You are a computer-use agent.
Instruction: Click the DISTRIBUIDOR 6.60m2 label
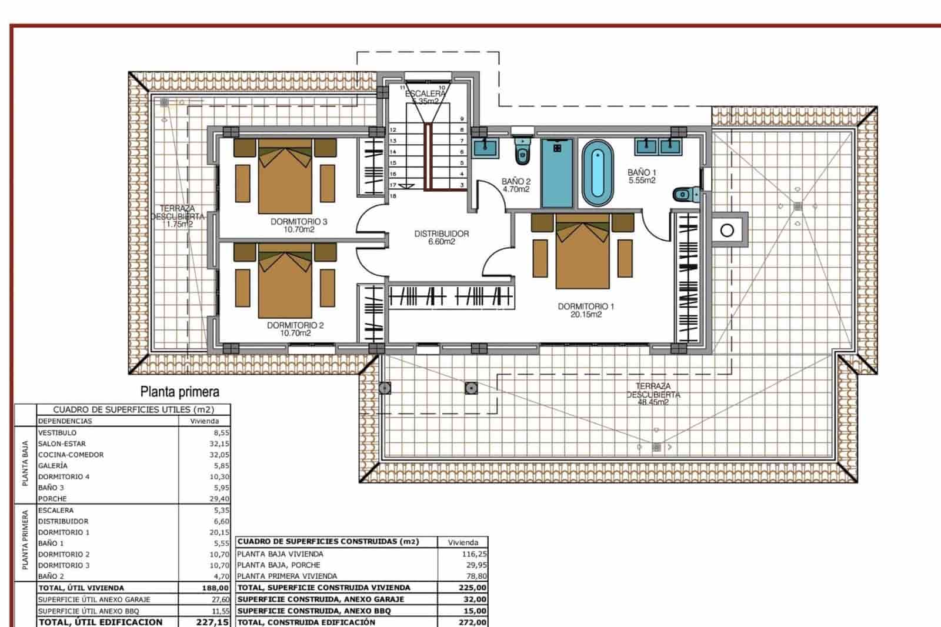(442, 237)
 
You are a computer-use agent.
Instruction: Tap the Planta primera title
(179, 392)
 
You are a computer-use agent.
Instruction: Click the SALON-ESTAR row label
(62, 444)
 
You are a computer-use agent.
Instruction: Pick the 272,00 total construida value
(473, 622)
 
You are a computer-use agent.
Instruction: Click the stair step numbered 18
(393, 196)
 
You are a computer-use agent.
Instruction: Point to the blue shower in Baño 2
(557, 173)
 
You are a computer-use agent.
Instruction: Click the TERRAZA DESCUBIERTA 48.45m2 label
(653, 395)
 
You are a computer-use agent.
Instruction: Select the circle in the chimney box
(727, 231)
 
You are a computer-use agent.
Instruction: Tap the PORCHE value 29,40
(219, 499)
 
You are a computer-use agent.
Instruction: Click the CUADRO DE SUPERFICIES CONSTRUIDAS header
(328, 541)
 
